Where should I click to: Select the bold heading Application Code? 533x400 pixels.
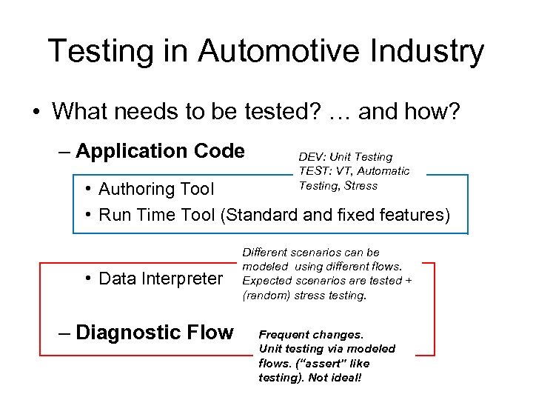click(x=160, y=151)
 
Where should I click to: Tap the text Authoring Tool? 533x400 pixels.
click(x=156, y=190)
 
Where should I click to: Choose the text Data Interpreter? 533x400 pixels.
click(x=161, y=279)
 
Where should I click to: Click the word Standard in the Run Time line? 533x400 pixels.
click(x=261, y=215)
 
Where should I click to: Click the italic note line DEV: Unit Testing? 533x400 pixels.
click(x=345, y=157)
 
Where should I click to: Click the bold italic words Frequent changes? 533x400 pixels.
click(x=311, y=335)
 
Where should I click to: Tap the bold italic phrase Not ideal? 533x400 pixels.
click(x=341, y=378)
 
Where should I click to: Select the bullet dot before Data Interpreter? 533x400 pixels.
click(x=87, y=279)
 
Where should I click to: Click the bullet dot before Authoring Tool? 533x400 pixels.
click(x=87, y=190)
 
